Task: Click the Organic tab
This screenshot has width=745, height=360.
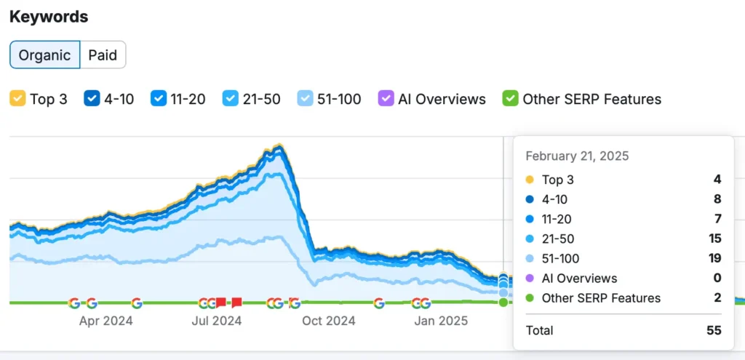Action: point(44,55)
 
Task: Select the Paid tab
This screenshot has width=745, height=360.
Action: point(103,55)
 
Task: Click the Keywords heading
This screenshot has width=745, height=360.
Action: point(49,17)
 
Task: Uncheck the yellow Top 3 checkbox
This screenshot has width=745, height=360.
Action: point(17,99)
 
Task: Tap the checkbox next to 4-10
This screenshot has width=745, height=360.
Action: point(92,99)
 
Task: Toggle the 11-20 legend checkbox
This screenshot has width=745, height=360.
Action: point(158,99)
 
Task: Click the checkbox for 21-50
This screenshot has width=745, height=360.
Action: point(230,99)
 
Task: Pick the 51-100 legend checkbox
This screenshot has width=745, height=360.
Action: point(305,99)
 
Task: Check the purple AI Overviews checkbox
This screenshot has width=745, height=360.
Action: point(386,99)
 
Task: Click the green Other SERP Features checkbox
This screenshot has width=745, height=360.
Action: point(510,99)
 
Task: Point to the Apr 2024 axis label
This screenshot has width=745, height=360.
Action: point(106,321)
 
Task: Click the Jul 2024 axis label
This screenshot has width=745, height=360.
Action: point(217,321)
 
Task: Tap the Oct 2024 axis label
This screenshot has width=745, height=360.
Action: point(328,321)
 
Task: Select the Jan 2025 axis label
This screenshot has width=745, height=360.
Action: point(441,321)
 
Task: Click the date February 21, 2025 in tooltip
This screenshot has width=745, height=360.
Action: point(577,156)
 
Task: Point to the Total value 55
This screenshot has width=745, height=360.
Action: point(714,331)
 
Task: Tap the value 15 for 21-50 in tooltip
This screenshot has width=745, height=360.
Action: point(714,239)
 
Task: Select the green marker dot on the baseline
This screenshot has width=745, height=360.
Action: point(503,303)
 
